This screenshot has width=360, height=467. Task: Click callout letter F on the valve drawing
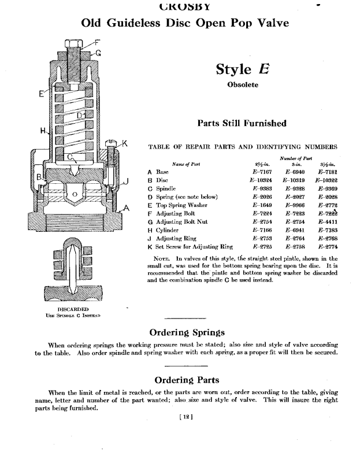[97, 42]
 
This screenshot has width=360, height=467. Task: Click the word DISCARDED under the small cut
[73, 309]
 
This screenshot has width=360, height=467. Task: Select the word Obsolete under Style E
[242, 85]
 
